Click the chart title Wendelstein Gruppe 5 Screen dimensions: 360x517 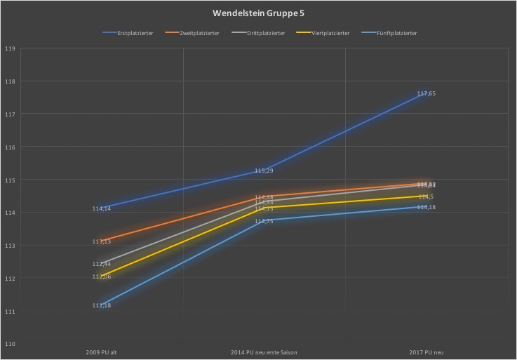tap(258, 13)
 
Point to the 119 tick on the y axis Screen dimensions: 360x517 tap(10, 48)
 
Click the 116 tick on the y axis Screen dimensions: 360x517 tap(10, 147)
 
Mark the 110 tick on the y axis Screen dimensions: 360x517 tap(10, 344)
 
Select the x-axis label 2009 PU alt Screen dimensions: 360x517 tap(102, 352)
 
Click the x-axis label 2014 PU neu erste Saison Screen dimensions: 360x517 tap(264, 352)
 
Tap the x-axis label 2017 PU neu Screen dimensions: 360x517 tap(427, 352)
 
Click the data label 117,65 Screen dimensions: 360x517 tap(427, 93)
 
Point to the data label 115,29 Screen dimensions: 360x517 tap(264, 171)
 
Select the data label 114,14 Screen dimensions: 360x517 tap(102, 208)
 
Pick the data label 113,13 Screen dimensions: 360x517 tap(102, 241)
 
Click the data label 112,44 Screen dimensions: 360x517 tap(102, 264)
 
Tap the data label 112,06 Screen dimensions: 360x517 tap(102, 276)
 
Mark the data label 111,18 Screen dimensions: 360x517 tap(102, 305)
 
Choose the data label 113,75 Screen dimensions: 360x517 tap(264, 221)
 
